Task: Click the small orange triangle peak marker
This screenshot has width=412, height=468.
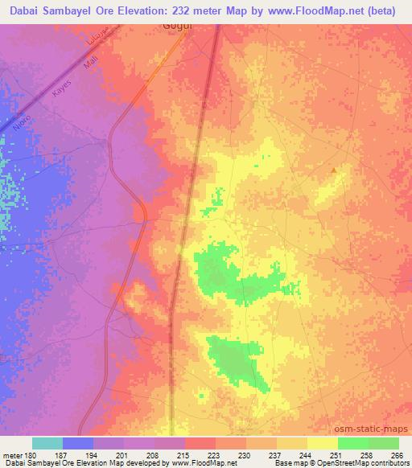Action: click(x=335, y=170)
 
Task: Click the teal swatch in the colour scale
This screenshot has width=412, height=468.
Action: click(x=47, y=443)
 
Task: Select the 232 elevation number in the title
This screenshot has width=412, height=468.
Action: click(x=191, y=9)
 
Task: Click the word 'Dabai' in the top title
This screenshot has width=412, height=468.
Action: click(x=22, y=9)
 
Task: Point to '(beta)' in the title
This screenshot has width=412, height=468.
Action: click(x=388, y=9)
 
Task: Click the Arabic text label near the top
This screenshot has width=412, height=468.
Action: click(x=101, y=49)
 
